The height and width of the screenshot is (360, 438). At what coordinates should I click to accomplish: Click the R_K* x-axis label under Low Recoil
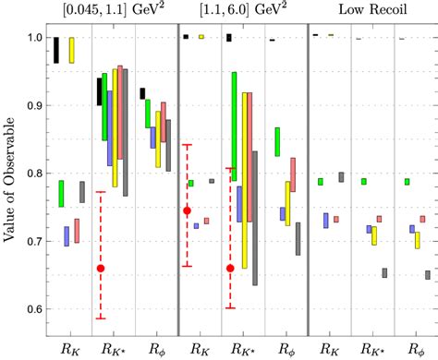tap(373, 350)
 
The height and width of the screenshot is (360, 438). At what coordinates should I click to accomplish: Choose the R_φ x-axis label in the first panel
tap(153, 350)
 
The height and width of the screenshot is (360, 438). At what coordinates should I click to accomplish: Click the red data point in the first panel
tap(101, 269)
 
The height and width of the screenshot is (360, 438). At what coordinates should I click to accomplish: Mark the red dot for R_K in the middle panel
tap(188, 210)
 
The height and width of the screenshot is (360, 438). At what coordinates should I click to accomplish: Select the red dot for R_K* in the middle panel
tap(230, 269)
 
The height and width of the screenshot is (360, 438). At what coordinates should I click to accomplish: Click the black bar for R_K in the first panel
tap(56, 50)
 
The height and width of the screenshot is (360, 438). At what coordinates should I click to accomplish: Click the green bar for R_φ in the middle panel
tap(277, 141)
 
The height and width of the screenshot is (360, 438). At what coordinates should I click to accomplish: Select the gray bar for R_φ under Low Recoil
tap(427, 274)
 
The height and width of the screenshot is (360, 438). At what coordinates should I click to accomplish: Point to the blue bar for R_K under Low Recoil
tap(326, 221)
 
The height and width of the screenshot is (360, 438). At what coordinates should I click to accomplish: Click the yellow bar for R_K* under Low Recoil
tap(374, 236)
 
